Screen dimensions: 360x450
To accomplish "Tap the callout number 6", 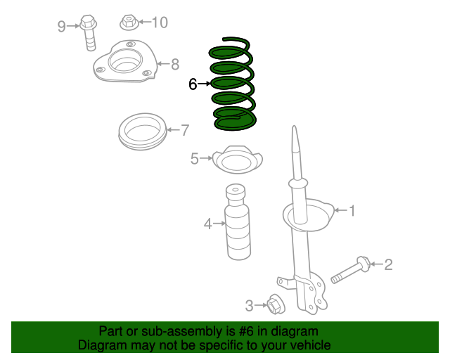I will pos(193,84).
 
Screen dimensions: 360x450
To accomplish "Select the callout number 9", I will pos(61,27).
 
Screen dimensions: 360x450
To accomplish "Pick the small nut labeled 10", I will pos(128,22).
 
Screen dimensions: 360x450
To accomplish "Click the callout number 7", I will pos(185,129).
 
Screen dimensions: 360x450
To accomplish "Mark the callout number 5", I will pos(194,159).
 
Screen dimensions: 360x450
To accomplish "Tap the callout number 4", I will pos(207,224).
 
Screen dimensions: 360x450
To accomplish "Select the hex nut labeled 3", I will pos(275,305).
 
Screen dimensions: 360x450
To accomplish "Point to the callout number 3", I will pos(249,306).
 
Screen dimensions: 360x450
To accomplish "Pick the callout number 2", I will pos(387,264).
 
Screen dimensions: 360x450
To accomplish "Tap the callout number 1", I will pos(352,210).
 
